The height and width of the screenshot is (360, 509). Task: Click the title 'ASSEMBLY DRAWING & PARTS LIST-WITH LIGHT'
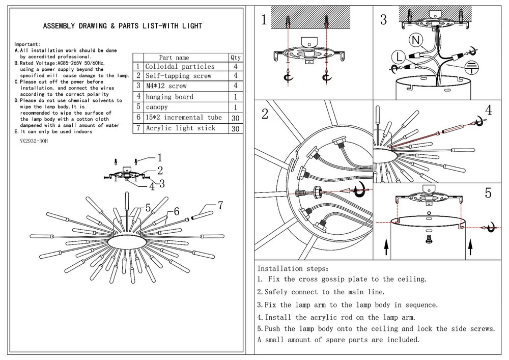pyautogui.click(x=122, y=26)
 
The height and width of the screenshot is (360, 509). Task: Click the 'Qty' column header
pyautogui.click(x=235, y=58)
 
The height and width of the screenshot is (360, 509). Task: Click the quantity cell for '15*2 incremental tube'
pyautogui.click(x=235, y=118)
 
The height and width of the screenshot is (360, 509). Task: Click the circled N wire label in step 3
pyautogui.click(x=415, y=40)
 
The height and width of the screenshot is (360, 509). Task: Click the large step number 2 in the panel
pyautogui.click(x=264, y=114)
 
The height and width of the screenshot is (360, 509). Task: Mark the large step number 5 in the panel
pyautogui.click(x=488, y=193)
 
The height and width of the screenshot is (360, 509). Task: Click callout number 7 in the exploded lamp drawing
pyautogui.click(x=220, y=206)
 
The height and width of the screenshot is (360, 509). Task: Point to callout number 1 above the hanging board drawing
pyautogui.click(x=159, y=157)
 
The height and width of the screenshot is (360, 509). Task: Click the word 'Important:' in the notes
pyautogui.click(x=27, y=45)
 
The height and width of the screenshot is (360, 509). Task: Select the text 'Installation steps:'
pyautogui.click(x=293, y=268)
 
